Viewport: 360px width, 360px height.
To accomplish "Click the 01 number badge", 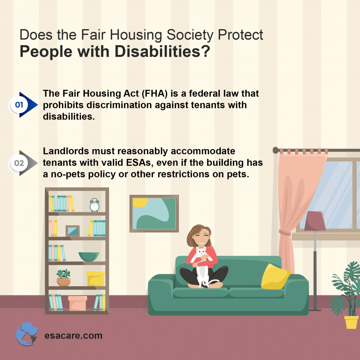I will point(18,105).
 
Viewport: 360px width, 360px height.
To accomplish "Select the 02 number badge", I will point(19,163).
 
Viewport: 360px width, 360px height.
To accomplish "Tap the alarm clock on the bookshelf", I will point(94,206).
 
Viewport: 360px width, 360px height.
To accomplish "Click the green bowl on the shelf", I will point(88,257).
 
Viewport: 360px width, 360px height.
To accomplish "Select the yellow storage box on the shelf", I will point(95,279).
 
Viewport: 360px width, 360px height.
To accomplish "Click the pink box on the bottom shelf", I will point(77,303).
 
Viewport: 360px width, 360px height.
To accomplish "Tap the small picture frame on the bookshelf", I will point(73,231).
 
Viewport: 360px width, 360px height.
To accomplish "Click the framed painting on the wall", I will point(154,214).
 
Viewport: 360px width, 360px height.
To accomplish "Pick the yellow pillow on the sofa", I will point(275,276).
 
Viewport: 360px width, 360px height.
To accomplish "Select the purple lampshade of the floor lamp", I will point(315,221).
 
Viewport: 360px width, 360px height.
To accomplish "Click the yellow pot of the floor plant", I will point(351,322).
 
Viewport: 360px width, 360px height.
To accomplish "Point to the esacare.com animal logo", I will point(27,333).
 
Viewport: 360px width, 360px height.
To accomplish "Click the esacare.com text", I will point(73,336).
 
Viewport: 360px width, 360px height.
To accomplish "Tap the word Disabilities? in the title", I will point(162,51).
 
